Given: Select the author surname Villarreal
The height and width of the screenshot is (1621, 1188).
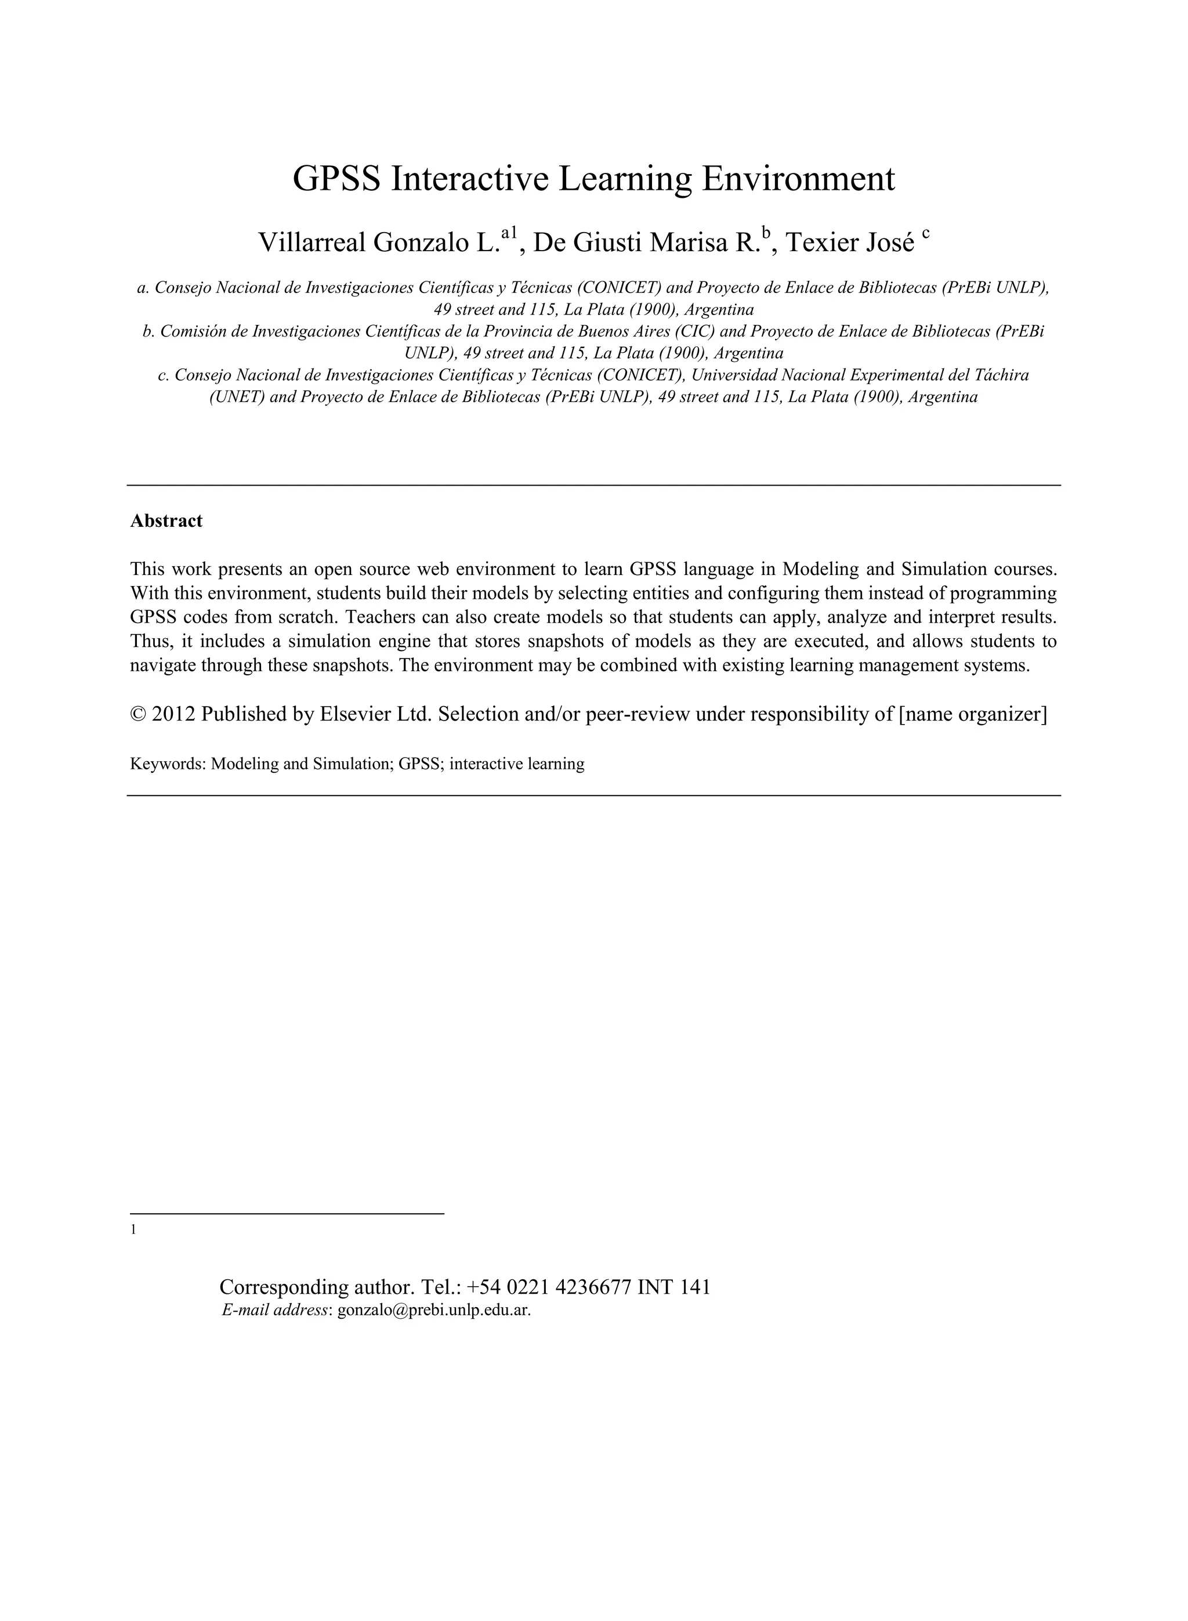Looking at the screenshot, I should click(312, 243).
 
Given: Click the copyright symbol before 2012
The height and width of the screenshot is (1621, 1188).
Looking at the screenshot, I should click(138, 714).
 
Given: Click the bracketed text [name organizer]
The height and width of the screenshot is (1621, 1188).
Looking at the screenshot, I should click(973, 714).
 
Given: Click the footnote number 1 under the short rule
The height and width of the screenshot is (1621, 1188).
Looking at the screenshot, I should click(133, 1230).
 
